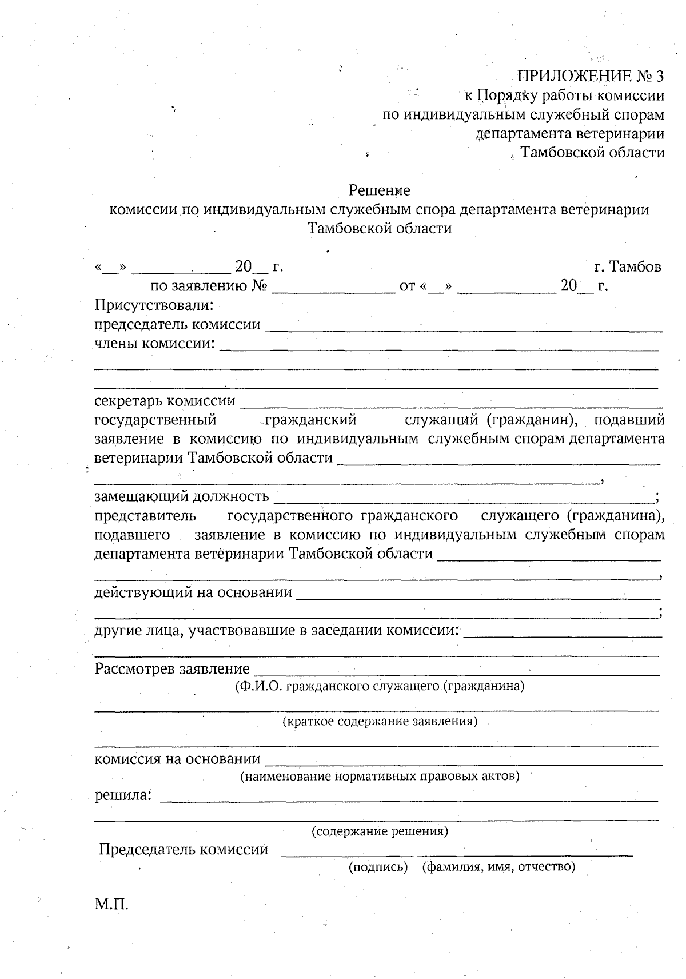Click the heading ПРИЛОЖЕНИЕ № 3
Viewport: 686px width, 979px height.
pos(591,77)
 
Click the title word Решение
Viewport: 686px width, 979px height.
pos(380,190)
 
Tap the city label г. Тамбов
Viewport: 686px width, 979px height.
pos(628,266)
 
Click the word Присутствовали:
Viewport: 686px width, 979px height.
pos(154,305)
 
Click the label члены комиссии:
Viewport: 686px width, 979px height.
pos(155,343)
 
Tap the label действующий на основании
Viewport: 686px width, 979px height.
pos(193,592)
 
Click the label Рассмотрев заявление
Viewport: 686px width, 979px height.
pos(172,668)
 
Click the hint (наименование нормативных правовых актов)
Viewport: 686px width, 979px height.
pos(380,776)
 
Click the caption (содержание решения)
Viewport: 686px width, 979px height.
pos(380,831)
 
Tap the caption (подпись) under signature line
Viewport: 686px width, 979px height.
pos(378,867)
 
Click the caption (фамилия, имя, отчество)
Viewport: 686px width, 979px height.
pos(498,867)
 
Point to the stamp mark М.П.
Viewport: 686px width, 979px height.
pos(111,905)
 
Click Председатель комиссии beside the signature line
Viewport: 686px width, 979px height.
pos(184,849)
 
